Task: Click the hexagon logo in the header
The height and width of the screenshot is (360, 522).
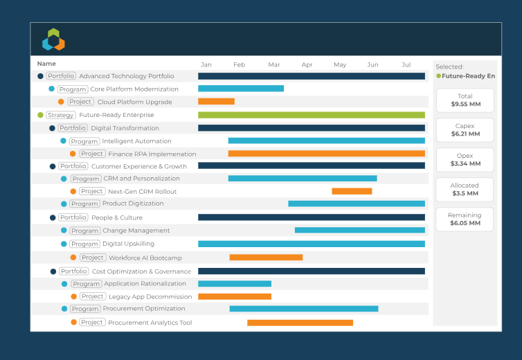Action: click(x=53, y=39)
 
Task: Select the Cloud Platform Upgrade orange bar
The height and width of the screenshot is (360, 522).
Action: click(x=216, y=102)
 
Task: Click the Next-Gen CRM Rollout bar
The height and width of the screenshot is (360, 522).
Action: click(x=352, y=191)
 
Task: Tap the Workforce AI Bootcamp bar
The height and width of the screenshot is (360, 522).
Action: click(x=266, y=258)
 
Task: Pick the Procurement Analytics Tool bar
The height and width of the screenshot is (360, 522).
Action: click(x=300, y=323)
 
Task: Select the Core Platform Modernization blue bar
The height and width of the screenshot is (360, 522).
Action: click(x=241, y=89)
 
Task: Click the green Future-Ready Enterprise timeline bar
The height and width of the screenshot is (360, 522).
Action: click(x=312, y=115)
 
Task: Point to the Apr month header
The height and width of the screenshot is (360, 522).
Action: click(x=307, y=64)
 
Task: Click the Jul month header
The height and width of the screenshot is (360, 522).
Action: click(x=406, y=64)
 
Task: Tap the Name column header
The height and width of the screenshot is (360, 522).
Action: click(x=46, y=64)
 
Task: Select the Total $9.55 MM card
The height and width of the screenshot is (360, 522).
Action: click(x=465, y=100)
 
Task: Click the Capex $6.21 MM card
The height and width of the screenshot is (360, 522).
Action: click(x=465, y=130)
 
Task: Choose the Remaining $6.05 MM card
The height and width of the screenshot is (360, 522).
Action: click(x=465, y=219)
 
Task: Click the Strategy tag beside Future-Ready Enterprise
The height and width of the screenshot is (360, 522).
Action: click(x=62, y=115)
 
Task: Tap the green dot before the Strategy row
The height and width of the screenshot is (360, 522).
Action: click(x=40, y=115)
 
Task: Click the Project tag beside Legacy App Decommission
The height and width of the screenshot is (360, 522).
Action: click(x=92, y=296)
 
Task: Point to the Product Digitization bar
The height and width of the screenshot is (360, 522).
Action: click(x=357, y=204)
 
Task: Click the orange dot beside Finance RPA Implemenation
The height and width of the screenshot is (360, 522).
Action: click(x=73, y=154)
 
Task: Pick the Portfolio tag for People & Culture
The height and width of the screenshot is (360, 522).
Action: click(x=73, y=217)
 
